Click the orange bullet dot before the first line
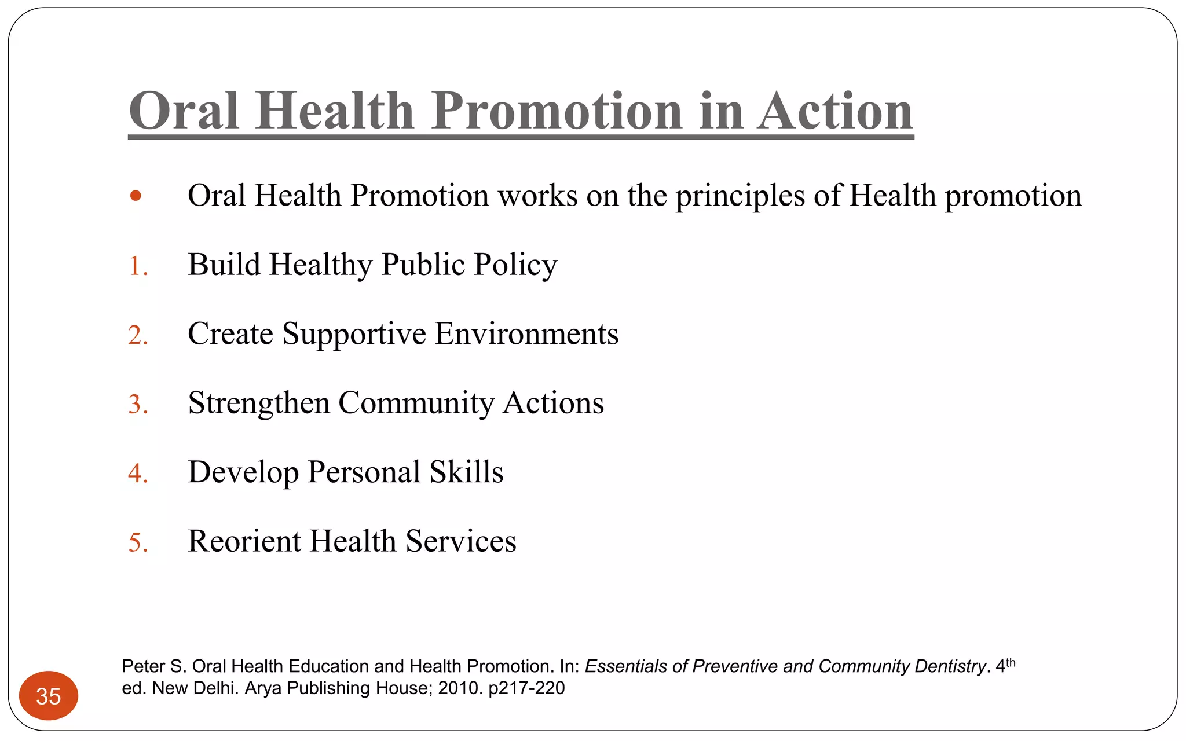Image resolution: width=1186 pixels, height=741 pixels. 136,196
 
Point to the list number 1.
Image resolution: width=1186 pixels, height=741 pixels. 137,266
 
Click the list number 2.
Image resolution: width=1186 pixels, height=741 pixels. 138,336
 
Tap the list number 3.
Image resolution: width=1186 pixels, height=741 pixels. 138,405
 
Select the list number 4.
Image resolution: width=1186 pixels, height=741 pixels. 138,474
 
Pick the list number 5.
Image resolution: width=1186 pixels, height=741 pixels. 138,543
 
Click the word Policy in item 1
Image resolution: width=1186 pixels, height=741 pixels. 515,265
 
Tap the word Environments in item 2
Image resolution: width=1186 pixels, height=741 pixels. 526,334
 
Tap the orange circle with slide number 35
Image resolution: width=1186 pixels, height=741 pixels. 49,696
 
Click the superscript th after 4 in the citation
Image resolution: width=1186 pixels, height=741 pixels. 1011,663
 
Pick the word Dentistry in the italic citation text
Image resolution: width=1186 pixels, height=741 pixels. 950,667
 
